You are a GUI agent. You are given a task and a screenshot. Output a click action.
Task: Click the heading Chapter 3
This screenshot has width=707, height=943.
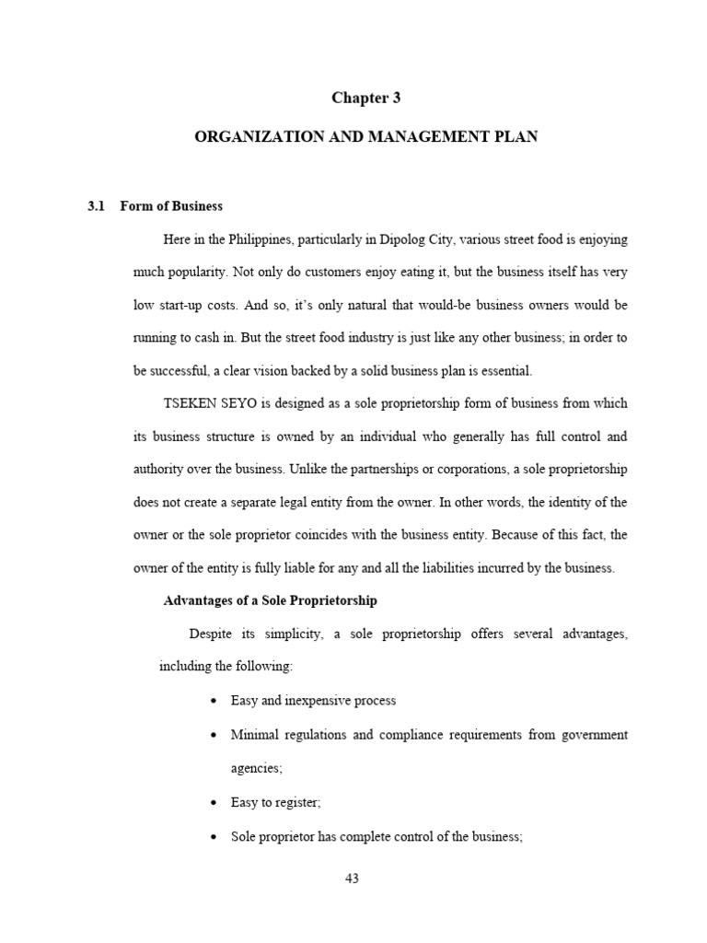[366, 99]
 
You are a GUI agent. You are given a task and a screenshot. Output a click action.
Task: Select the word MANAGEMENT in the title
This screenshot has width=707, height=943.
[436, 136]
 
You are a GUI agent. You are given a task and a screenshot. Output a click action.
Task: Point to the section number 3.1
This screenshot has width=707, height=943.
[97, 206]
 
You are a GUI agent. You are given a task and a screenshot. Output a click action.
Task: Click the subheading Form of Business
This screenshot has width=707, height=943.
[171, 206]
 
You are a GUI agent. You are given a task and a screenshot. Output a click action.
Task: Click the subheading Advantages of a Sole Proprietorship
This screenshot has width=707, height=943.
[270, 600]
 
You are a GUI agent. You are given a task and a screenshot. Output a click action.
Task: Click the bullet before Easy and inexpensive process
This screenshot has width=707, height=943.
[214, 702]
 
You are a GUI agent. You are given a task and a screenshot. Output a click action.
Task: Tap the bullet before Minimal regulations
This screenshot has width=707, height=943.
[214, 735]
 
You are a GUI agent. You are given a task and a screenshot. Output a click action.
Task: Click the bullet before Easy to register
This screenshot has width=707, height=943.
[214, 803]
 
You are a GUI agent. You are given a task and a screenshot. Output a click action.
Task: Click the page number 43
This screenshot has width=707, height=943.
[352, 879]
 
